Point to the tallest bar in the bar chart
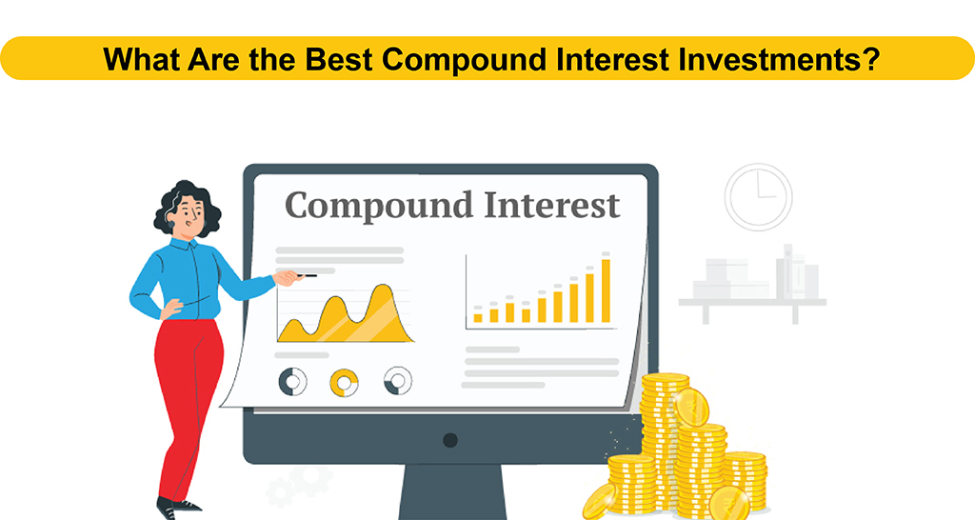(x=606, y=290)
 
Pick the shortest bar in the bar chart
(x=478, y=316)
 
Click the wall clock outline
(x=758, y=197)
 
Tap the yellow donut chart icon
(x=344, y=382)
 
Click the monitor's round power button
(x=450, y=440)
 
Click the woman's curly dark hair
(x=187, y=205)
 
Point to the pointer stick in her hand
(x=306, y=275)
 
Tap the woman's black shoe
(x=178, y=508)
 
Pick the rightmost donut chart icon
(x=397, y=381)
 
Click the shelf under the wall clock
(x=752, y=302)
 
